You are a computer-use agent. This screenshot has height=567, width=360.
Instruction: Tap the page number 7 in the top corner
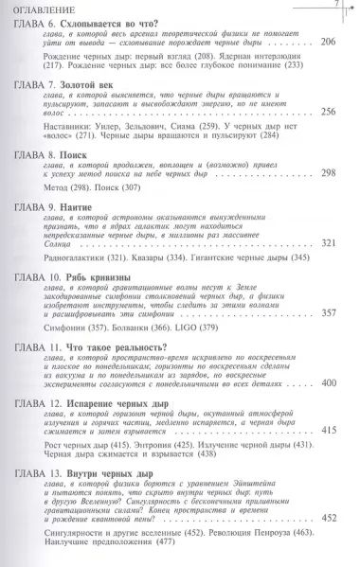coord(335,7)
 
